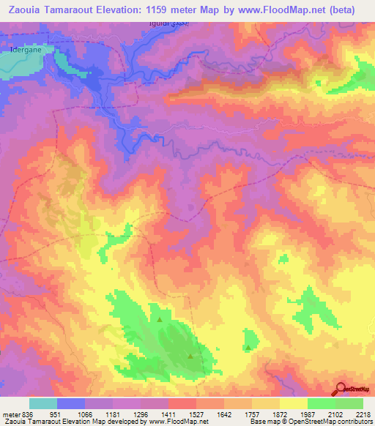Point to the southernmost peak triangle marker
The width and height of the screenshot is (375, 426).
pos(191,356)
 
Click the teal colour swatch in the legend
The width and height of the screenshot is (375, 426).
pos(43,403)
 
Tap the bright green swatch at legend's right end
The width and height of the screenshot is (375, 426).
pos(349,403)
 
